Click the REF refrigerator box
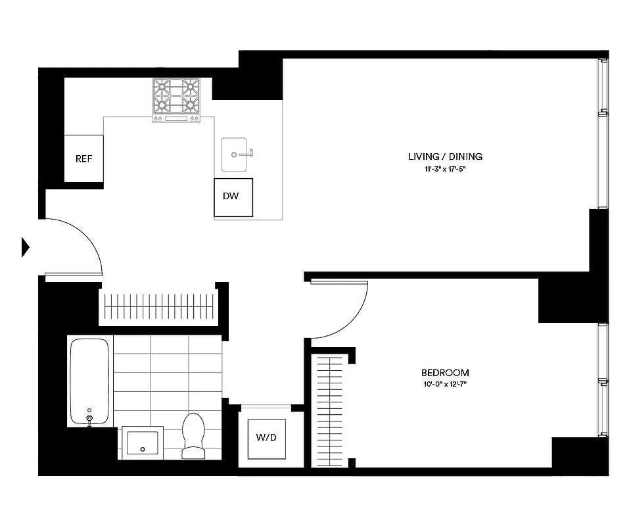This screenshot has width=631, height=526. [x=83, y=158]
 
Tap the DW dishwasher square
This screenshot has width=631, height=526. [x=233, y=197]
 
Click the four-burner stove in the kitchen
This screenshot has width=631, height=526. [x=175, y=99]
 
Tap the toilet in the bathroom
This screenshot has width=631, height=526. [x=193, y=435]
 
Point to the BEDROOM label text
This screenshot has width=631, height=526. [x=446, y=373]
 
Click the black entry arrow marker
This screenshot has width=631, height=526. [x=26, y=247]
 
